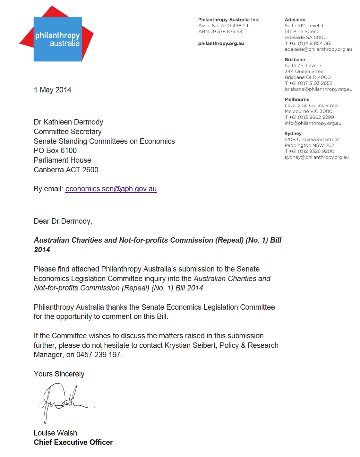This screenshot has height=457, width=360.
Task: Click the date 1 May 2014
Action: click(53, 90)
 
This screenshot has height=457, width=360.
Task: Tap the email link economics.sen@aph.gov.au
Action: click(111, 189)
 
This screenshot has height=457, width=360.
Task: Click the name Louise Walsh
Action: click(56, 433)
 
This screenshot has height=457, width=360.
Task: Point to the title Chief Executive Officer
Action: click(73, 442)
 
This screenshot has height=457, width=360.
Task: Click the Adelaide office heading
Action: click(295, 20)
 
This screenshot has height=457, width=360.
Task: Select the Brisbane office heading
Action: click(295, 59)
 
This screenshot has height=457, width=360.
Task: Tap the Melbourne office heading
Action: click(297, 99)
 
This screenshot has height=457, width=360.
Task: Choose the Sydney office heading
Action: click(293, 134)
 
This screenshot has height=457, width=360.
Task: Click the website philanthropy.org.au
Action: click(221, 43)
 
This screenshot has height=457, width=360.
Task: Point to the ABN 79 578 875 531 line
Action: click(221, 31)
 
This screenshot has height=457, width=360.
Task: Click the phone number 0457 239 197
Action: click(98, 355)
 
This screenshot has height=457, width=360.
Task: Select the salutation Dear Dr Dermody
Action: click(63, 221)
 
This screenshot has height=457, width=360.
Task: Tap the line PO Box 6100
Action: click(55, 151)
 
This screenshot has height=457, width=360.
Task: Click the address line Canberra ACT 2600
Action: click(66, 170)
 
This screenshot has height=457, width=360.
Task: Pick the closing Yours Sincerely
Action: click(59, 374)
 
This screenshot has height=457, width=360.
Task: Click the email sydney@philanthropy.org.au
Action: click(316, 157)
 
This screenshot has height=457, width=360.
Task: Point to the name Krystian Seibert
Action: click(190, 345)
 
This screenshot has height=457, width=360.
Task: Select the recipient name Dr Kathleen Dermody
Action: click(68, 122)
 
